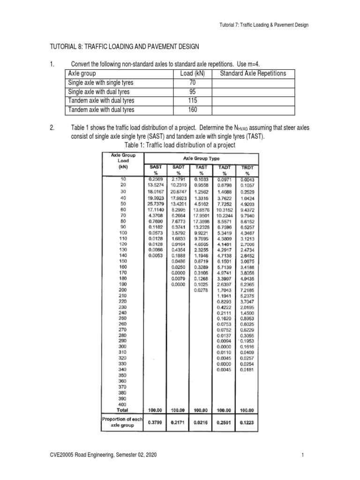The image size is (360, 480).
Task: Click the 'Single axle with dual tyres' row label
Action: tap(99, 91)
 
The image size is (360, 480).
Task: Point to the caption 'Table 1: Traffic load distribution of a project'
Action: tap(180, 145)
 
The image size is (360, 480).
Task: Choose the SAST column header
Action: tap(156, 166)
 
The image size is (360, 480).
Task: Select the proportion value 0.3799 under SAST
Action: tap(156, 422)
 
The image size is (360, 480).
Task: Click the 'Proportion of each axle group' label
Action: tap(121, 421)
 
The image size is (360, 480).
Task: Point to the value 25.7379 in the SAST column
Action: tap(156, 204)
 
